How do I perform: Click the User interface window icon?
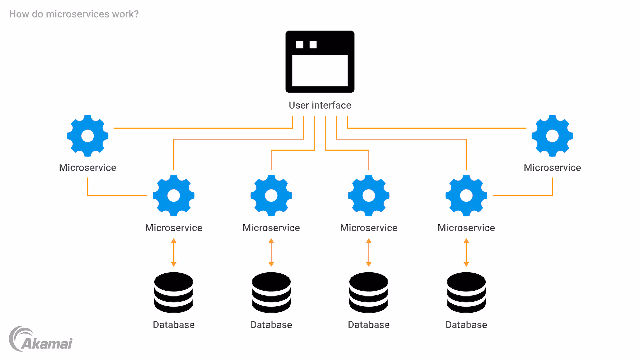pyautogui.click(x=320, y=62)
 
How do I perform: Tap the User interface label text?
pyautogui.click(x=320, y=105)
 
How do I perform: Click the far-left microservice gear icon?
pyautogui.click(x=88, y=136)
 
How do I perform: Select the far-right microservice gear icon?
pyautogui.click(x=552, y=136)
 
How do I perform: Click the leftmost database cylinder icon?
pyautogui.click(x=174, y=292)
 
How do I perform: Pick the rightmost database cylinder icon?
pyautogui.click(x=466, y=292)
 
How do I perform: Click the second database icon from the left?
pyautogui.click(x=271, y=292)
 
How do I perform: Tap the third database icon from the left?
pyautogui.click(x=369, y=292)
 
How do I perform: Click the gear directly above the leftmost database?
pyautogui.click(x=174, y=196)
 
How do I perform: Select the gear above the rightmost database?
pyautogui.click(x=466, y=196)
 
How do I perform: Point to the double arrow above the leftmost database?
pyautogui.click(x=174, y=252)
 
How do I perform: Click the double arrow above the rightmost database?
pyautogui.click(x=466, y=252)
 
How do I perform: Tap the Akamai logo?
pyautogui.click(x=41, y=339)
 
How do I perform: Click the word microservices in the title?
pyautogui.click(x=77, y=14)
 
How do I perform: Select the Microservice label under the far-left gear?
pyautogui.click(x=88, y=167)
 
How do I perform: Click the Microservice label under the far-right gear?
pyautogui.click(x=552, y=167)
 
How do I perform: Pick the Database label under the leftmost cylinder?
pyautogui.click(x=174, y=325)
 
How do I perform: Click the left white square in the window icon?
pyautogui.click(x=299, y=44)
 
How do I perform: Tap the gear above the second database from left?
pyautogui.click(x=271, y=196)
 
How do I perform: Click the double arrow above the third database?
pyautogui.click(x=369, y=252)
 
